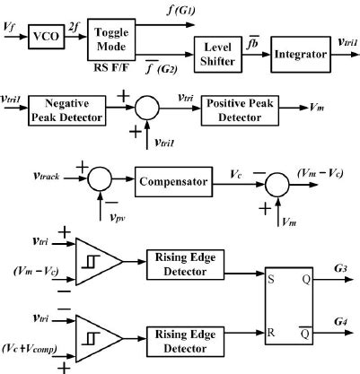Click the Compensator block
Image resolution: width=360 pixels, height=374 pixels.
[174, 183]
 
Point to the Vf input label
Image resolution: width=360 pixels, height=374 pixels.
[10, 30]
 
